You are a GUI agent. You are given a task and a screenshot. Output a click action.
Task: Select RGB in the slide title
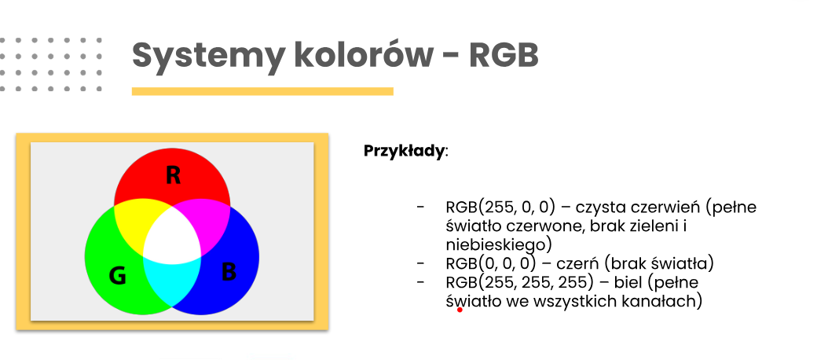[x=504, y=55]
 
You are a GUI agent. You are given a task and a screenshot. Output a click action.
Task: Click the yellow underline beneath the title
[x=262, y=91]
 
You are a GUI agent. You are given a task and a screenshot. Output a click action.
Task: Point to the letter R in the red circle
[x=173, y=175]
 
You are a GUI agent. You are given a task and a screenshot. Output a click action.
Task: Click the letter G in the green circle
[x=118, y=276]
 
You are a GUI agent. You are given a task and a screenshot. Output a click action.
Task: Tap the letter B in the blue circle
[x=229, y=271]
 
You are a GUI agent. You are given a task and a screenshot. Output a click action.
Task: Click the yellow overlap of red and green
[x=134, y=224]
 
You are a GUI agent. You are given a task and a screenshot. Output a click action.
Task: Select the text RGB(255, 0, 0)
[x=501, y=208]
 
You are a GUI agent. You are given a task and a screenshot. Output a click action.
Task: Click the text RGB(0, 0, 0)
[x=490, y=263]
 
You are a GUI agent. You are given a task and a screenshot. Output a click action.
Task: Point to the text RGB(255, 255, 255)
[x=519, y=282]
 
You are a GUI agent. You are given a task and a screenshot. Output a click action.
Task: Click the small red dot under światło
[x=460, y=310]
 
